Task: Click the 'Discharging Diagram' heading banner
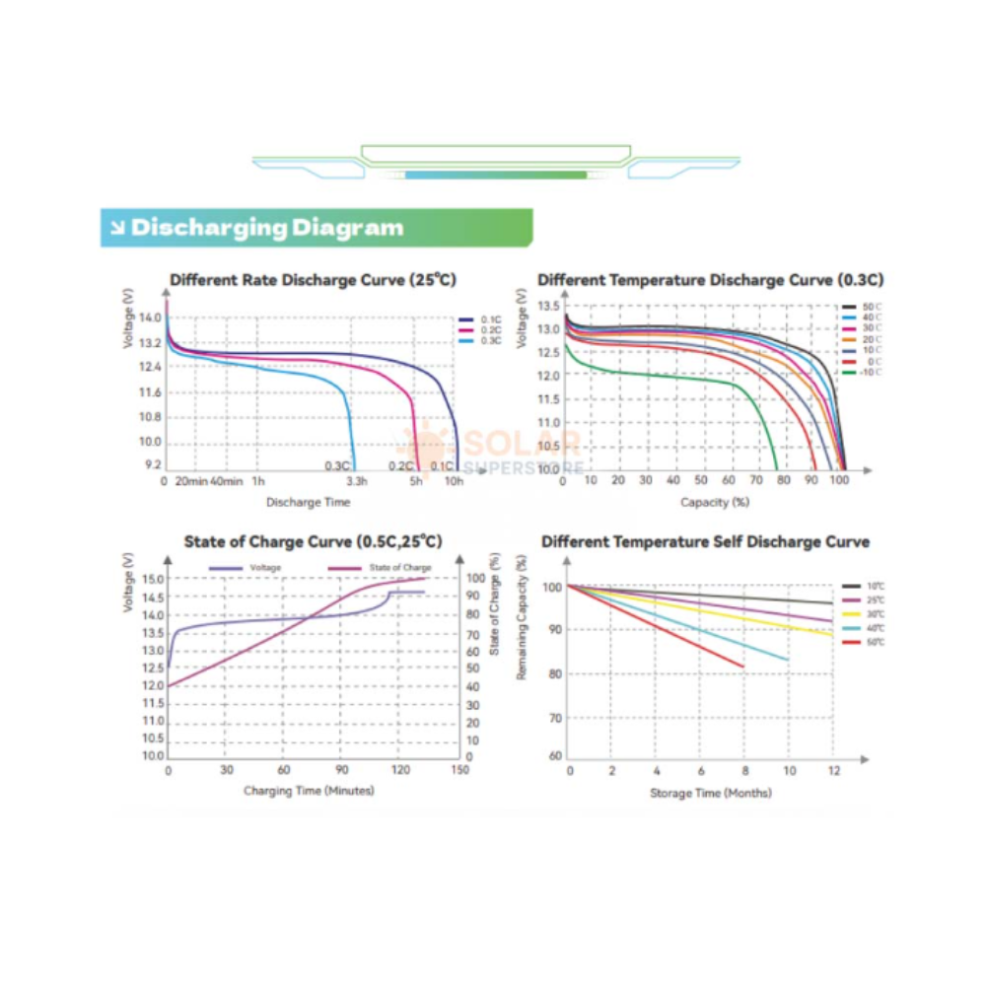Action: coord(266,228)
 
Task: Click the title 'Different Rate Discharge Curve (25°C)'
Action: coord(313,280)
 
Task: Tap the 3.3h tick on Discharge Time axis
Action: coord(356,481)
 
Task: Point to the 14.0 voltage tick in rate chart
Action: coord(150,317)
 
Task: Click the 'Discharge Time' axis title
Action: coord(308,502)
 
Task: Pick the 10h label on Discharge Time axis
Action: coord(454,481)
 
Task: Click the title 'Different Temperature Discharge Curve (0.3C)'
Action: coord(710,280)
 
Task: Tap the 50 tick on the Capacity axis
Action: coord(701,480)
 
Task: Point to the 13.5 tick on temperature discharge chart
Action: coord(549,306)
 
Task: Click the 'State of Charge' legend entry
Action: coord(399,568)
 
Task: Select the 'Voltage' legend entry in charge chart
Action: coord(265,568)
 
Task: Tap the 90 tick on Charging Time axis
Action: coord(343,770)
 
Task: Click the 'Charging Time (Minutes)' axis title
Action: coord(309,791)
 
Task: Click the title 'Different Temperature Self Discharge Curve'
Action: coord(705,541)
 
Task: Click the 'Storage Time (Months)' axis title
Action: coord(710,793)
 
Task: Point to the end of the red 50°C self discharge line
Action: coord(743,668)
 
